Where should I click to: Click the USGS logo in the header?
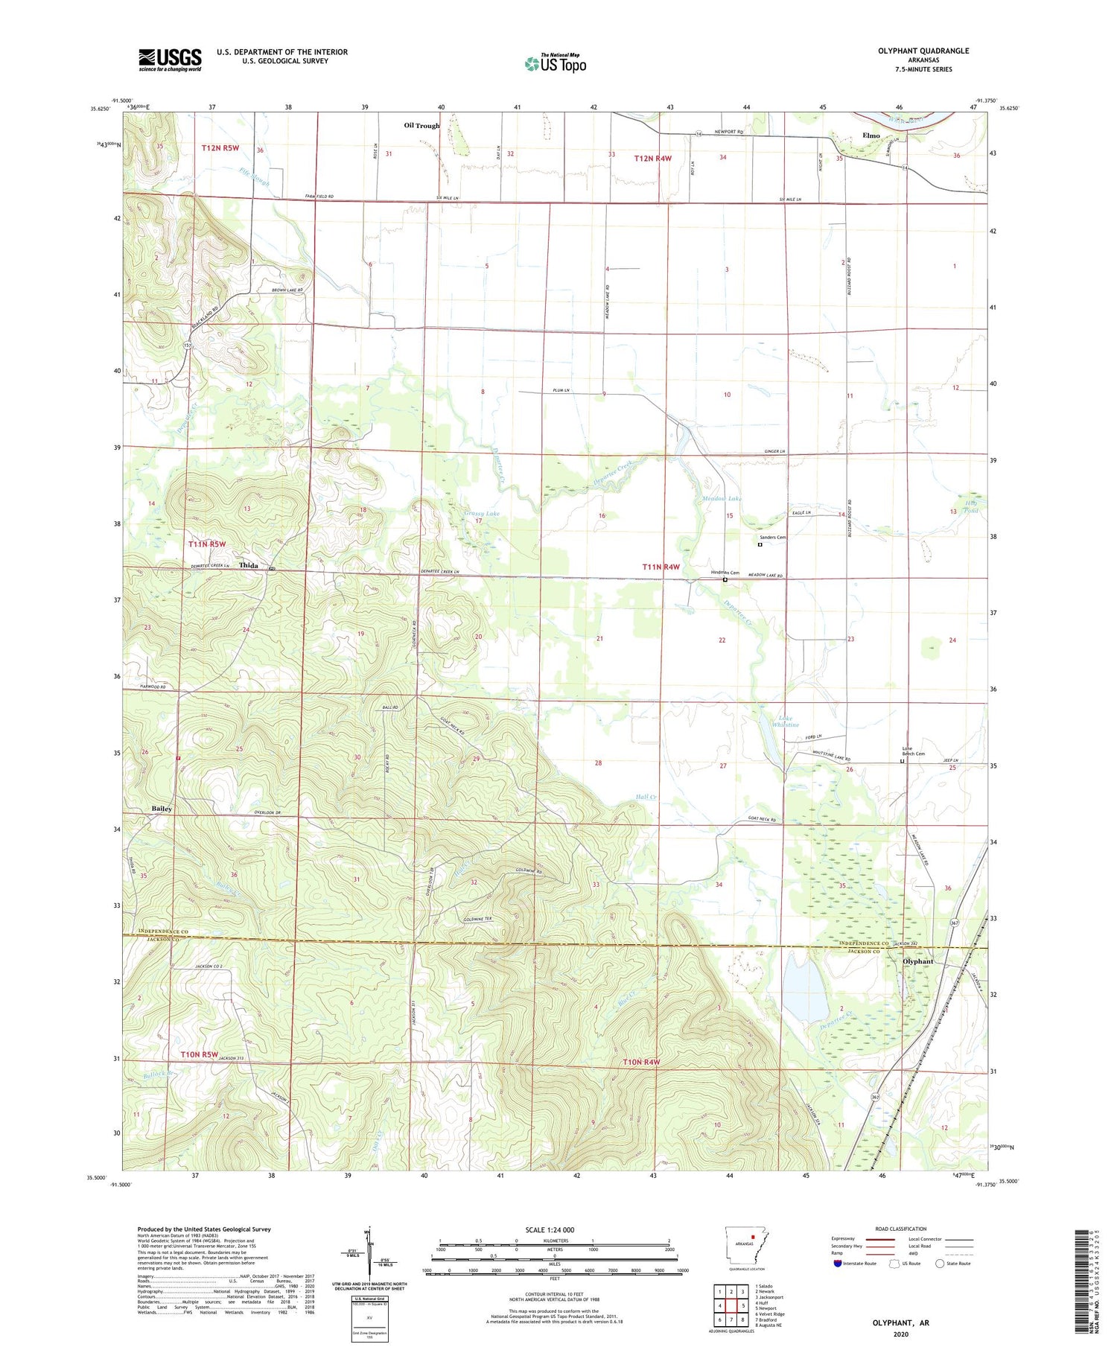point(170,60)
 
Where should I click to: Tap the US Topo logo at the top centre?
point(555,63)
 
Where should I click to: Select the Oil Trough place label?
point(421,126)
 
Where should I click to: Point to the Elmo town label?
point(871,136)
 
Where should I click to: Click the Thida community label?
point(248,566)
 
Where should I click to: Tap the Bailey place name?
point(162,809)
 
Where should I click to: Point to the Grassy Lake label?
point(482,514)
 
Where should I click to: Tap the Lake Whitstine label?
point(785,722)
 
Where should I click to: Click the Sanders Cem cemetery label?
point(772,537)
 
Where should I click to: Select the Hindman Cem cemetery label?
point(725,573)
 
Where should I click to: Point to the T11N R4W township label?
point(661,567)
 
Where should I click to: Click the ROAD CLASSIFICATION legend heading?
point(901,1229)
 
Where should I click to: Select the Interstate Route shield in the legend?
point(837,1264)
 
